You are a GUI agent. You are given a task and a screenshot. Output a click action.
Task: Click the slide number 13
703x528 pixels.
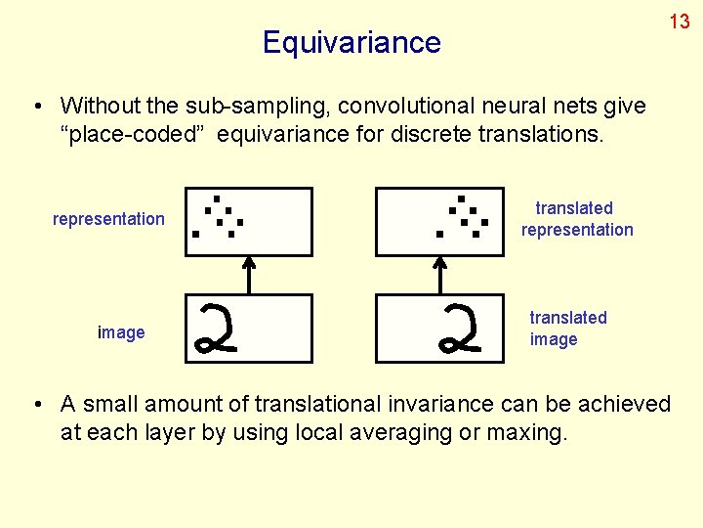[680, 22]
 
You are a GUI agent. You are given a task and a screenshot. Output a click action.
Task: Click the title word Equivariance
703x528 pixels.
[351, 42]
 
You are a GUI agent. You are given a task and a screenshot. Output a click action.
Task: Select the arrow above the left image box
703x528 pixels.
[249, 275]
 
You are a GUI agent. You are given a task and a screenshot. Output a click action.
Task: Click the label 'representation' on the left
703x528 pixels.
[108, 219]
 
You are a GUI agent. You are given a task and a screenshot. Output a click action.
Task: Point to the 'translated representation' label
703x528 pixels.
[576, 219]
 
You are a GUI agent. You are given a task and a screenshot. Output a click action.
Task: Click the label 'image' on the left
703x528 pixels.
[121, 332]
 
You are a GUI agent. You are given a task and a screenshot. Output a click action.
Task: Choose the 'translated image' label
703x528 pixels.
[567, 329]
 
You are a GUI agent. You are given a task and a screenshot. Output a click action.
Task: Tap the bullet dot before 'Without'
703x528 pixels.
[36, 106]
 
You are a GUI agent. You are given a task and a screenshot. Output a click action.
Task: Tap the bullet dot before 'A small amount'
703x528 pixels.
[36, 405]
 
